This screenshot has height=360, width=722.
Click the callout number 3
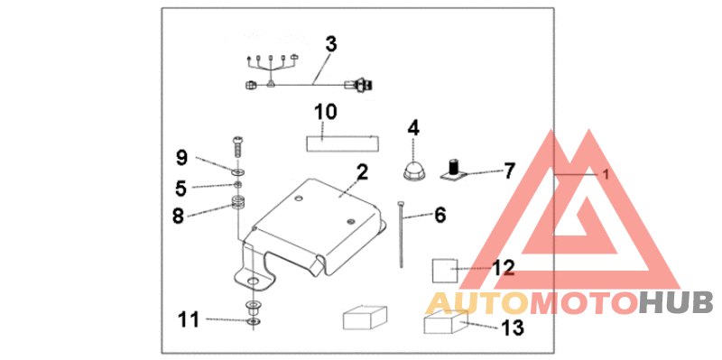click(331, 43)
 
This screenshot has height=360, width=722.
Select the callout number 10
click(325, 112)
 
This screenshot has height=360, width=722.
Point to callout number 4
click(413, 128)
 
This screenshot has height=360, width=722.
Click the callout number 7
click(509, 171)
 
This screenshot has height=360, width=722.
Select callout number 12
click(503, 267)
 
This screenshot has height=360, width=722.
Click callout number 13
click(511, 328)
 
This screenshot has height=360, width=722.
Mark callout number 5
click(180, 188)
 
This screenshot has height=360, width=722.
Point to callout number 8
click(178, 215)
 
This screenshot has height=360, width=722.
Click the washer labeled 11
click(253, 320)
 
